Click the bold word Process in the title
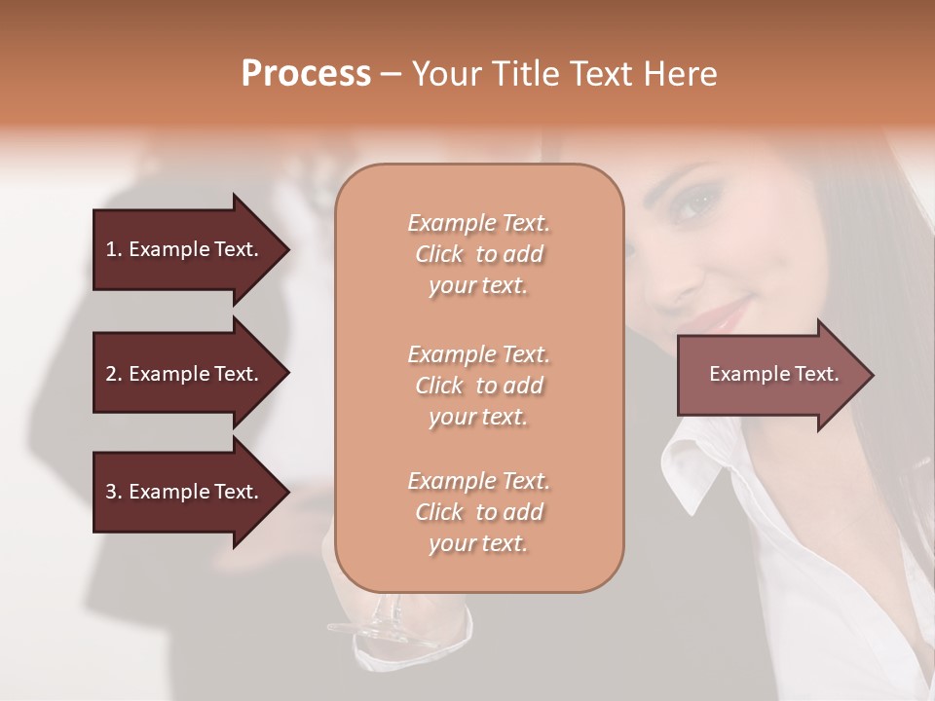[x=306, y=74]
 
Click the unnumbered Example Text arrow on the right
[x=773, y=374]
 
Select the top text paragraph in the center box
[x=478, y=254]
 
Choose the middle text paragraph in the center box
[x=478, y=386]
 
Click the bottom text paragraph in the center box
[x=478, y=512]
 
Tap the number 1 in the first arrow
[x=111, y=249]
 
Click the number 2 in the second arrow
[x=111, y=374]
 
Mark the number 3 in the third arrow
[x=111, y=492]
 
